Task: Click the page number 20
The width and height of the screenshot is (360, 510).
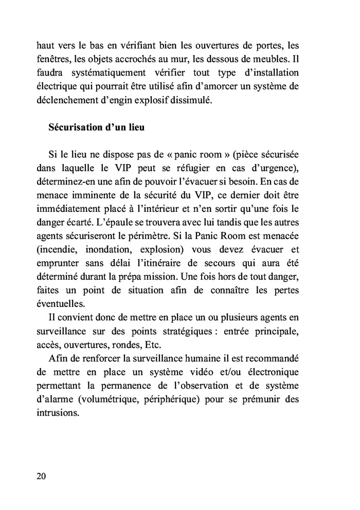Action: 42,476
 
